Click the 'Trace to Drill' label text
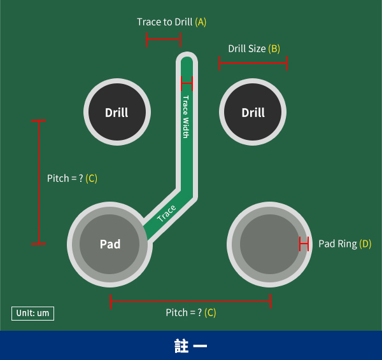tap(165, 22)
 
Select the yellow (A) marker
tap(201, 22)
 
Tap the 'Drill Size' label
tap(247, 48)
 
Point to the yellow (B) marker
tap(274, 48)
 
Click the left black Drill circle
tap(117, 113)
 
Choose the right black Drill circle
tap(253, 113)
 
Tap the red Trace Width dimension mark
tap(187, 82)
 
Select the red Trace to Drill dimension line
tap(164, 40)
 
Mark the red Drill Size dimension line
tap(253, 62)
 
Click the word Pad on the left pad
tap(110, 244)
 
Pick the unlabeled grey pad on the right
tap(270, 244)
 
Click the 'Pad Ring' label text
tap(337, 244)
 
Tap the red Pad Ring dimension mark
tap(304, 244)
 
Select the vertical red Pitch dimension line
tap(39, 181)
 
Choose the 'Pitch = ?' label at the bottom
tap(184, 312)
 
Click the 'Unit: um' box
tap(32, 313)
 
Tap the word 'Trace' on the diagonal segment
tap(166, 214)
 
